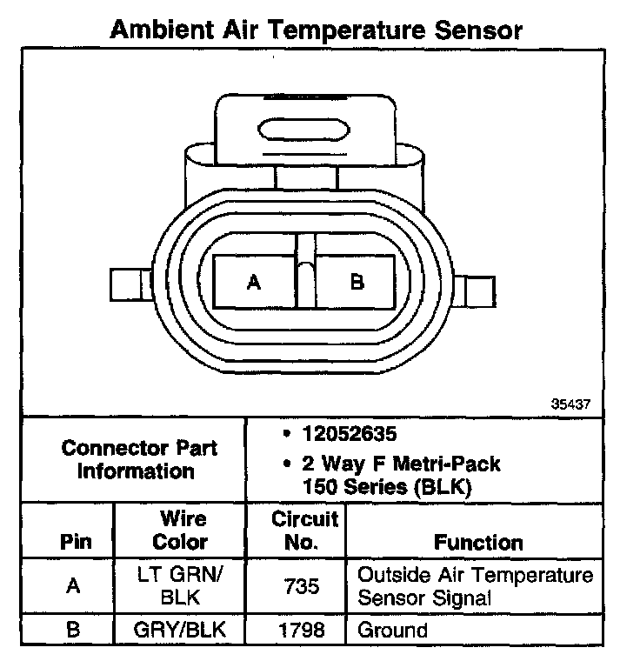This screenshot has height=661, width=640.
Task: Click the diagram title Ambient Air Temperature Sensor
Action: pyautogui.click(x=317, y=30)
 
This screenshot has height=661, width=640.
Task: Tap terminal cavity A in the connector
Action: pyautogui.click(x=254, y=282)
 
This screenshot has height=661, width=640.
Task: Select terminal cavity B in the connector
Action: pyautogui.click(x=357, y=282)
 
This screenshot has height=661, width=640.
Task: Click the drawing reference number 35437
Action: pyautogui.click(x=570, y=404)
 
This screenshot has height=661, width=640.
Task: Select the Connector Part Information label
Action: pyautogui.click(x=139, y=460)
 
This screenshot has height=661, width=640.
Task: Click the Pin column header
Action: pyautogui.click(x=74, y=542)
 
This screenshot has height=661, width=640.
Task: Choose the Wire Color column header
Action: pyautogui.click(x=181, y=531)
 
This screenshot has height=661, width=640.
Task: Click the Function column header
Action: pyautogui.click(x=478, y=542)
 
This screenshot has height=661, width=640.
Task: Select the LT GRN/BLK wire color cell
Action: pyautogui.click(x=181, y=586)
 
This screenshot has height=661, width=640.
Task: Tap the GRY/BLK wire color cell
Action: pyautogui.click(x=181, y=630)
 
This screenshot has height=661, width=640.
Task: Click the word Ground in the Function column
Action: pyautogui.click(x=393, y=630)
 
